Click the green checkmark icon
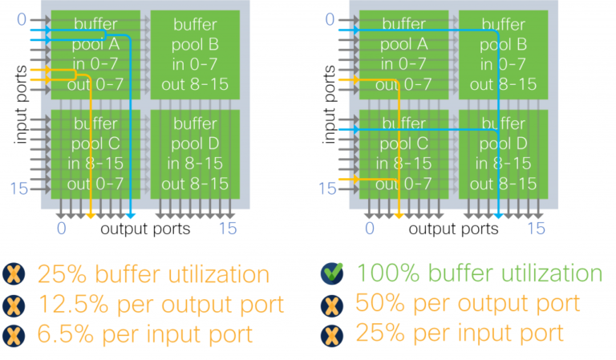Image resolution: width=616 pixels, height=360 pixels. (329, 273)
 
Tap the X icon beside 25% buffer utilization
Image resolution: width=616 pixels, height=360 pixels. (13, 274)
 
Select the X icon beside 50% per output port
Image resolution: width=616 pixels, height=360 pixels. (329, 304)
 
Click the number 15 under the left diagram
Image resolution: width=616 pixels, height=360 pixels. (229, 229)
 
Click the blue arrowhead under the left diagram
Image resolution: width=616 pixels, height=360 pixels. (131, 216)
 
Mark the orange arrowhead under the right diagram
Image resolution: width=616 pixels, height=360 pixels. (399, 216)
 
